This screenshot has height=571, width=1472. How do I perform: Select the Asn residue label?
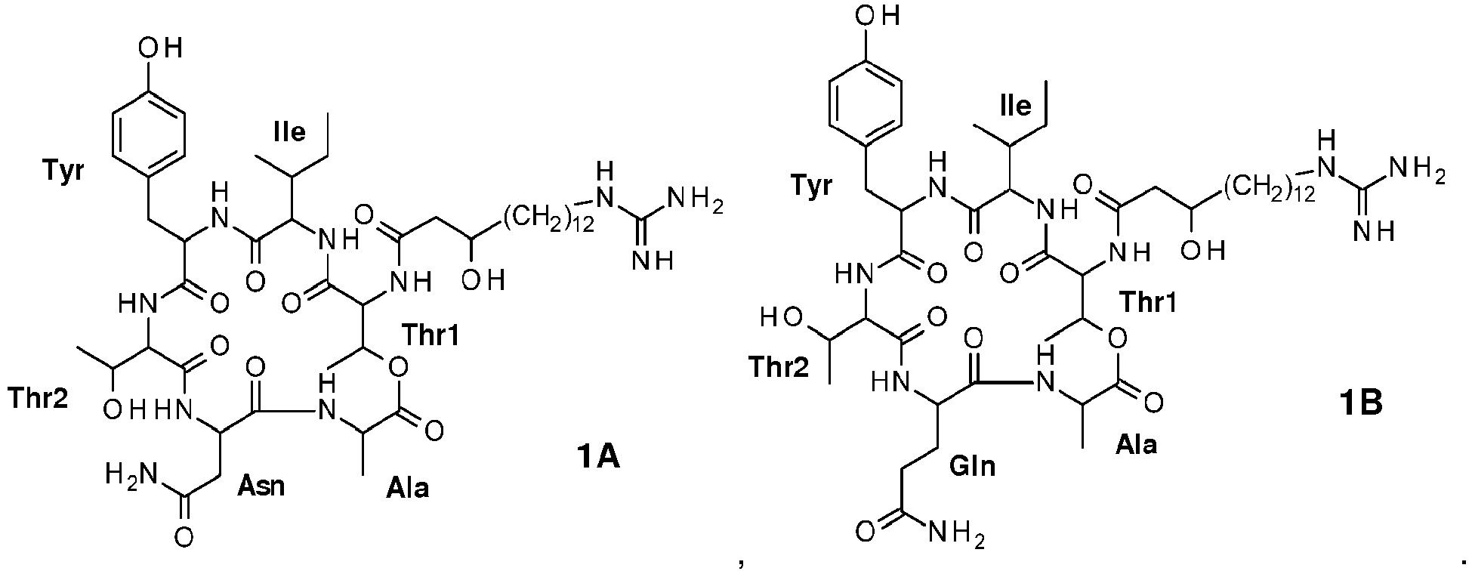point(261,484)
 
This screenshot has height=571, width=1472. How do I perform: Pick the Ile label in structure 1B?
point(1014,106)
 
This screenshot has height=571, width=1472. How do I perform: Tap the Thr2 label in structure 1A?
point(39,396)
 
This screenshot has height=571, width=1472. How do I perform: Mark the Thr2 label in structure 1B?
point(779,366)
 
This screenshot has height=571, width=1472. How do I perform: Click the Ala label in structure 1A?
point(407,486)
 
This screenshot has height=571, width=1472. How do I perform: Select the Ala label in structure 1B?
point(1136,444)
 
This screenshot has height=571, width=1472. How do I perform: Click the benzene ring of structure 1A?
point(148,135)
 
